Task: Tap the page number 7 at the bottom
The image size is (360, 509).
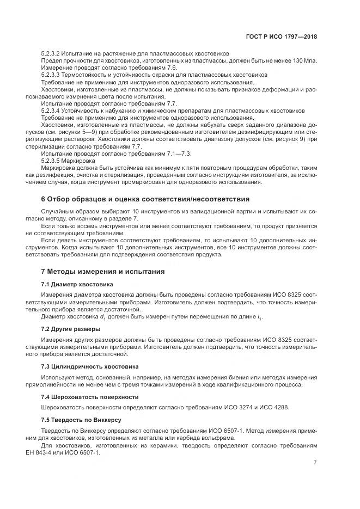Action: click(x=315, y=463)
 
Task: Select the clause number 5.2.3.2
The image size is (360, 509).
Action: click(x=53, y=53)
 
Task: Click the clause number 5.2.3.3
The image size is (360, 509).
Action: click(x=53, y=74)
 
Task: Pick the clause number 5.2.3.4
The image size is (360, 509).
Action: click(x=53, y=109)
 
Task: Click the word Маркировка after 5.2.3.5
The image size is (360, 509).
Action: click(x=81, y=161)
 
